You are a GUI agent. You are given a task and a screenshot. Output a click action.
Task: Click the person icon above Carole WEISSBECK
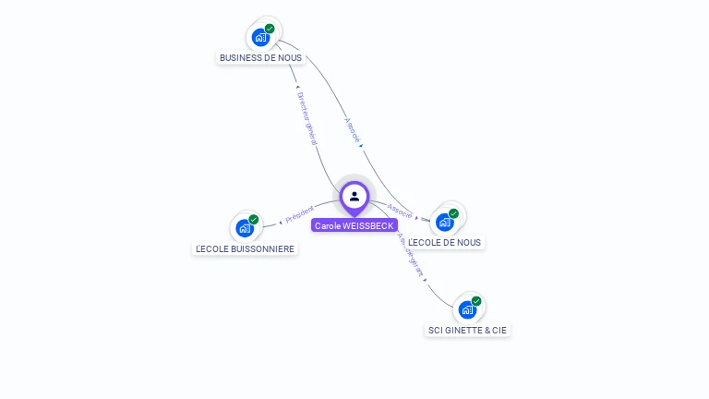point(354,196)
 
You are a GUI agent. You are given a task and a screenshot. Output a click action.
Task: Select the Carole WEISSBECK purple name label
point(354,225)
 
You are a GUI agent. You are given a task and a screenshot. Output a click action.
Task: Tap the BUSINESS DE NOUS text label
point(260,57)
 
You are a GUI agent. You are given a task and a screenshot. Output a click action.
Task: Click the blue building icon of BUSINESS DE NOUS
point(260,39)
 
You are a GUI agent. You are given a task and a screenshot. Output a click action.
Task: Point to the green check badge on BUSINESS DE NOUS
point(270,29)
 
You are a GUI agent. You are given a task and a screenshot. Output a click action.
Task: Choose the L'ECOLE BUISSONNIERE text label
point(246,248)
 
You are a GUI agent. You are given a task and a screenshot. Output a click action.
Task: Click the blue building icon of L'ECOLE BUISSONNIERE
point(245,228)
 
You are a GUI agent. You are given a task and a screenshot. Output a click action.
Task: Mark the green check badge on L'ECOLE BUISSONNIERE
point(254,220)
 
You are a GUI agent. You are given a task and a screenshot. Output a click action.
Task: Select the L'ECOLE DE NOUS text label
point(445,242)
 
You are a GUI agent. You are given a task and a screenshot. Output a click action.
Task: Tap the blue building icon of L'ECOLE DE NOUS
point(445,223)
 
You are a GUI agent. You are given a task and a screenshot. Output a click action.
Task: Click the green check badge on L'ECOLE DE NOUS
point(454,213)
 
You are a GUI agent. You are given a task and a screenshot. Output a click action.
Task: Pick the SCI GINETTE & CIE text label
point(467,330)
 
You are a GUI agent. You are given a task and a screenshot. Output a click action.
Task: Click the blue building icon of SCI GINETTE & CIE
point(467,310)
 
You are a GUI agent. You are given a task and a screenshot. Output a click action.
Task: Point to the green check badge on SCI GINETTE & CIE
point(476,301)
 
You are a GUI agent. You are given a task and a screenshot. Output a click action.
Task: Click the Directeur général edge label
point(306,117)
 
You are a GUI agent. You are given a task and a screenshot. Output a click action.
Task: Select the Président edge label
point(299,215)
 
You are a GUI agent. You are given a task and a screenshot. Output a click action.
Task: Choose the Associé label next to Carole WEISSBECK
point(400,212)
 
